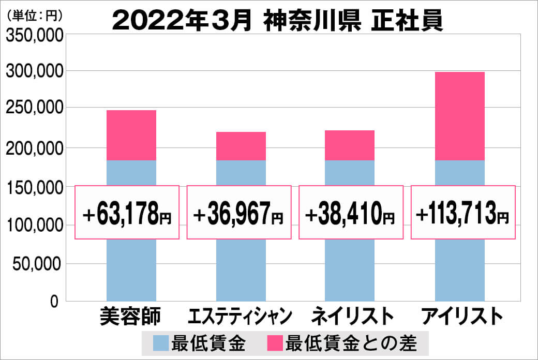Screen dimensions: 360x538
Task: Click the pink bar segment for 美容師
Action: pyautogui.click(x=131, y=135)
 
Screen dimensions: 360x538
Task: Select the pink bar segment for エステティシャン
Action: pyautogui.click(x=241, y=146)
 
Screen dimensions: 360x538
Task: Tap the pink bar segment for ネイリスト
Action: pyautogui.click(x=350, y=145)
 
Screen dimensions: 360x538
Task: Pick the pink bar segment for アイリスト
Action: pyautogui.click(x=459, y=116)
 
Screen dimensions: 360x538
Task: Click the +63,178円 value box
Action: pyautogui.click(x=127, y=213)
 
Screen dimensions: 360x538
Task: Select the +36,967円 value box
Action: pyautogui.click(x=239, y=213)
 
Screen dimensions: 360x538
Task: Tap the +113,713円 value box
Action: pyautogui.click(x=463, y=213)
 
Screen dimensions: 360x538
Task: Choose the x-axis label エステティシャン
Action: pyautogui.click(x=241, y=316)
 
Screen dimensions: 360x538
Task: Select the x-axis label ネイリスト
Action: pyautogui.click(x=350, y=316)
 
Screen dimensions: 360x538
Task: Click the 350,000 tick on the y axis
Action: pyautogui.click(x=35, y=35)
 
